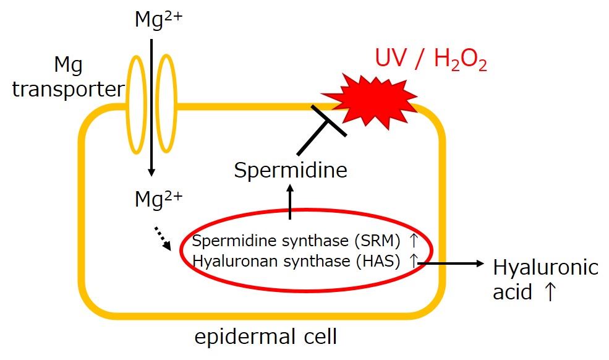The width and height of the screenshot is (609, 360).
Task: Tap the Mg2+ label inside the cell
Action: (x=158, y=199)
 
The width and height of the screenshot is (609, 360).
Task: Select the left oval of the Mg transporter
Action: (x=137, y=104)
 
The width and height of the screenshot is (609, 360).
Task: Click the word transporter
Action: (x=69, y=90)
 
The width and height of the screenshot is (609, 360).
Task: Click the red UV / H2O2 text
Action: (x=431, y=59)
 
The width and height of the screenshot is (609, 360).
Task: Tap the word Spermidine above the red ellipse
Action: (x=291, y=170)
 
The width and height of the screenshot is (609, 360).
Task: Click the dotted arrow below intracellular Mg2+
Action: (x=163, y=238)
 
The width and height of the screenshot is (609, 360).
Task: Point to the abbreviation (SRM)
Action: (x=377, y=241)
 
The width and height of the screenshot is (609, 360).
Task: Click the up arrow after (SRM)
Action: (x=413, y=241)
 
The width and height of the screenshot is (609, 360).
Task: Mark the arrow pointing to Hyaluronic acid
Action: (x=451, y=264)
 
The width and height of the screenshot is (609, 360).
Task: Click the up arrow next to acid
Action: (x=550, y=291)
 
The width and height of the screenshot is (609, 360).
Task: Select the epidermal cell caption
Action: (x=266, y=336)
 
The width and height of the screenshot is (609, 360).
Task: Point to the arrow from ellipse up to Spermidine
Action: (x=290, y=202)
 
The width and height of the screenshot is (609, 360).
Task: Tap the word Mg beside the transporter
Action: (x=69, y=66)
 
